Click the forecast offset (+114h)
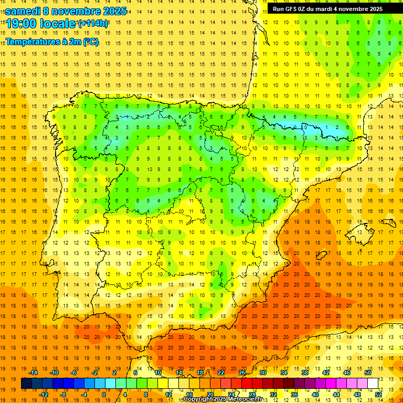coord(93,24)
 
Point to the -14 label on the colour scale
coord(33,373)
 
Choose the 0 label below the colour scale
coord(104,394)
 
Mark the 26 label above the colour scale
coord(242,373)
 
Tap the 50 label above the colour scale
coord(367,373)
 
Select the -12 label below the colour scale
coord(44,394)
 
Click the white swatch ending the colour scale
coord(373,384)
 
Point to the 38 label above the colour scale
coord(305,373)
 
